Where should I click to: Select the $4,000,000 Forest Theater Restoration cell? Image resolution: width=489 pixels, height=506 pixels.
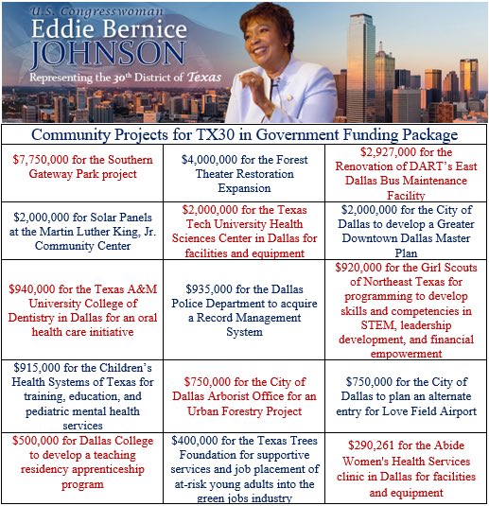coord(244,173)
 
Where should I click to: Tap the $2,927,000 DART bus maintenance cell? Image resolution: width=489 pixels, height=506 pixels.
coord(406,173)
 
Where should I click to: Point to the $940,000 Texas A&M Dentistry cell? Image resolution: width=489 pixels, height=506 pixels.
coord(81,308)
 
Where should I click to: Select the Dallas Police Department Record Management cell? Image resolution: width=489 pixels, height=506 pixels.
coord(244,308)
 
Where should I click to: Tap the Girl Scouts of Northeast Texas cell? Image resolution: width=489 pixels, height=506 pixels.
coord(406,308)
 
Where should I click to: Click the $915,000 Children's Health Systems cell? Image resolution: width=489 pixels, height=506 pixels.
coord(81,395)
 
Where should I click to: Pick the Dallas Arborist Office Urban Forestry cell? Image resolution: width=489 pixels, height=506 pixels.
coord(244,395)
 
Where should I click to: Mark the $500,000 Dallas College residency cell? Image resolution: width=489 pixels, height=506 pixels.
coord(81,465)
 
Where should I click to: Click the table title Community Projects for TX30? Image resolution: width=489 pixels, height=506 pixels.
coord(244,134)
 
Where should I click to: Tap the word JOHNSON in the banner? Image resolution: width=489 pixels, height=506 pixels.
coord(106,53)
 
